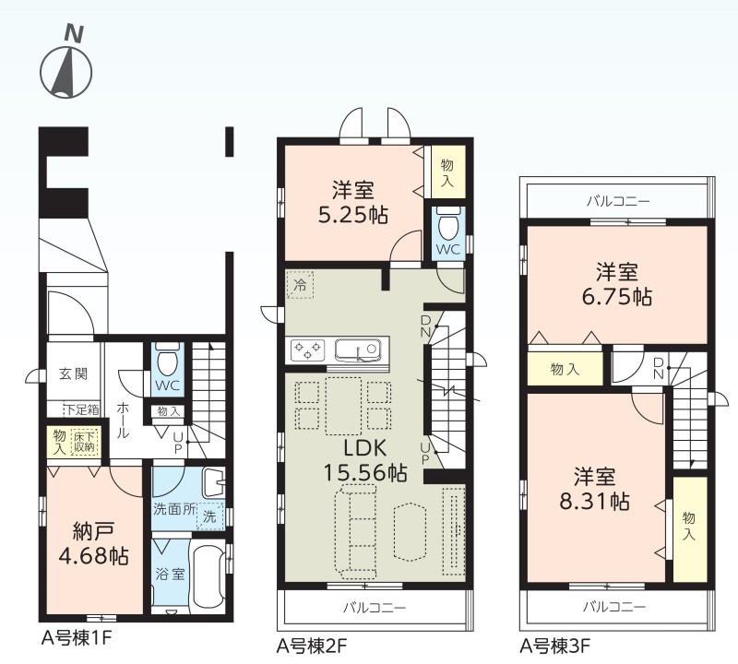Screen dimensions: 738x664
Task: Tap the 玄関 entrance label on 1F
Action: pyautogui.click(x=73, y=374)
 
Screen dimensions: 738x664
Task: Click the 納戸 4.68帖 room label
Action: pyautogui.click(x=94, y=544)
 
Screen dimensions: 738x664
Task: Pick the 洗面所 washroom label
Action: pyautogui.click(x=173, y=509)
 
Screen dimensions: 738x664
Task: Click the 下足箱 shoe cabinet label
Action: pyautogui.click(x=82, y=409)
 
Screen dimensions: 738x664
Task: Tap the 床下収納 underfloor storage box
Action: pyautogui.click(x=84, y=442)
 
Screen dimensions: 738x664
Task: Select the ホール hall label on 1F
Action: pyautogui.click(x=122, y=421)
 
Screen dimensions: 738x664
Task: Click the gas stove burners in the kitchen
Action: pyautogui.click(x=308, y=350)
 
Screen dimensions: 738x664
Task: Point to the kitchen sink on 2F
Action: pyautogui.click(x=358, y=350)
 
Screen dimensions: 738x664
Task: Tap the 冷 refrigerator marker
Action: pyautogui.click(x=300, y=285)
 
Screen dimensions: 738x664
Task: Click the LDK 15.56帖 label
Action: pyautogui.click(x=365, y=460)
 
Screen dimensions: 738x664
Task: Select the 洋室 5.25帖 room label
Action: pyautogui.click(x=353, y=203)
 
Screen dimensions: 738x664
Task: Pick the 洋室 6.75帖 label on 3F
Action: pyautogui.click(x=617, y=284)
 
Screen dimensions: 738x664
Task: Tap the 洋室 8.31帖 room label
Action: pyautogui.click(x=594, y=489)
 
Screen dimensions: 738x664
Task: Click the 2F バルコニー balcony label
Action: pyautogui.click(x=375, y=608)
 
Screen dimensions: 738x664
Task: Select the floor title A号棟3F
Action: pyautogui.click(x=555, y=646)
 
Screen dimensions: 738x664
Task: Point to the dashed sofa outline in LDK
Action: pyautogui.click(x=356, y=533)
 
